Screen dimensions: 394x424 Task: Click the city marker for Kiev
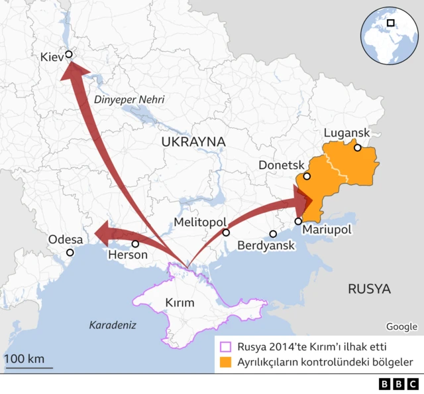pyautogui.click(x=68, y=56)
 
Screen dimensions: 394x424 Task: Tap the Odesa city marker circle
pyautogui.click(x=70, y=252)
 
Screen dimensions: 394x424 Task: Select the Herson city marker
pyautogui.click(x=135, y=243)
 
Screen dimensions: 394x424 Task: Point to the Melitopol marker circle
pyautogui.click(x=226, y=233)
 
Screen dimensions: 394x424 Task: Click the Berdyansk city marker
pyautogui.click(x=273, y=234)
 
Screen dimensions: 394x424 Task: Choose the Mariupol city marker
pyautogui.click(x=298, y=221)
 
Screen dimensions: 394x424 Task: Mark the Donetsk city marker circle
pyautogui.click(x=307, y=176)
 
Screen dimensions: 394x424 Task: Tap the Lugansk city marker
pyautogui.click(x=358, y=148)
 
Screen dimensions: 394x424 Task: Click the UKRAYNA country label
pyautogui.click(x=193, y=142)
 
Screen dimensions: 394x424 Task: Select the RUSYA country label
pyautogui.click(x=369, y=289)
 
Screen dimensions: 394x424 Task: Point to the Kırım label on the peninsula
pyautogui.click(x=180, y=303)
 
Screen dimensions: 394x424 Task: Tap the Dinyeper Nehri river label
pyautogui.click(x=129, y=99)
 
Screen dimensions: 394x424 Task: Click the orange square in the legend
pyautogui.click(x=226, y=362)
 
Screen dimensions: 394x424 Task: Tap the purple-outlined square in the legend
pyautogui.click(x=226, y=346)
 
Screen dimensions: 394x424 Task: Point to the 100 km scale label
pyautogui.click(x=25, y=359)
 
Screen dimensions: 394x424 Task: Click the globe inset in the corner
pyautogui.click(x=390, y=33)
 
